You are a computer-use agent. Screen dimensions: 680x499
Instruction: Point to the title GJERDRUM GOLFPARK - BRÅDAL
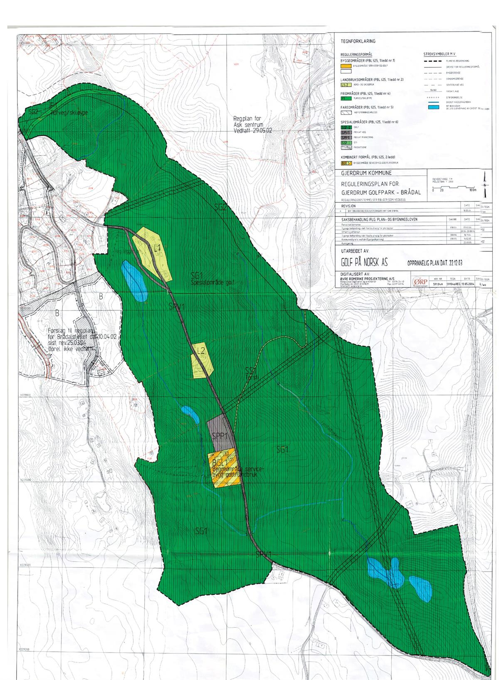(380, 192)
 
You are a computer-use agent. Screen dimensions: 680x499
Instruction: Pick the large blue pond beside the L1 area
(134, 280)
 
